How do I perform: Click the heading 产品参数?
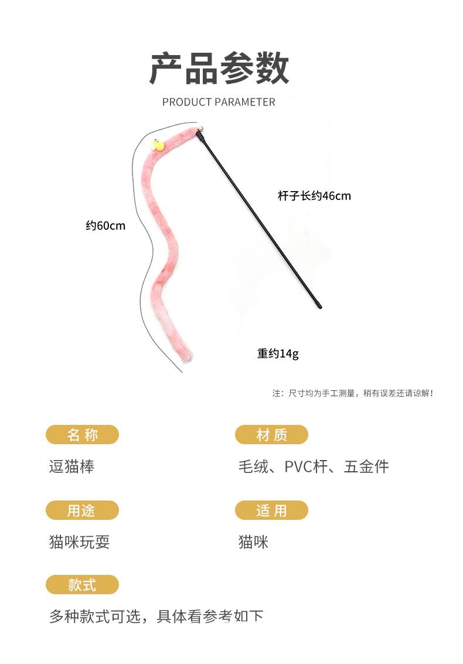219,69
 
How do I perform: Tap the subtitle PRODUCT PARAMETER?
219,102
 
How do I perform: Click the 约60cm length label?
105,226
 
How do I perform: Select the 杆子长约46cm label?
314,196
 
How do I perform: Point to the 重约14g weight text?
278,354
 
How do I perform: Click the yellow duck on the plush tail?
157,145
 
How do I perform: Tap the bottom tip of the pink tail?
187,355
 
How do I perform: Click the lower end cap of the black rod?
318,305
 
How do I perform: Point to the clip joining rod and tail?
200,139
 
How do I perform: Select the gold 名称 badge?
82,435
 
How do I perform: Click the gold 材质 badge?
271,435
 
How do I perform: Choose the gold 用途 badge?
82,510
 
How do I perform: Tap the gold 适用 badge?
271,510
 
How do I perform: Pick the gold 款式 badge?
82,585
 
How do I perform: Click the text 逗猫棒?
72,467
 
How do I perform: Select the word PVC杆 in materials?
305,467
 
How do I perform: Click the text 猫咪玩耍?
79,542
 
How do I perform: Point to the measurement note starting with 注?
353,393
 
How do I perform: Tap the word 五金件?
366,467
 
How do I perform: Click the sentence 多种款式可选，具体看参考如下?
156,617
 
